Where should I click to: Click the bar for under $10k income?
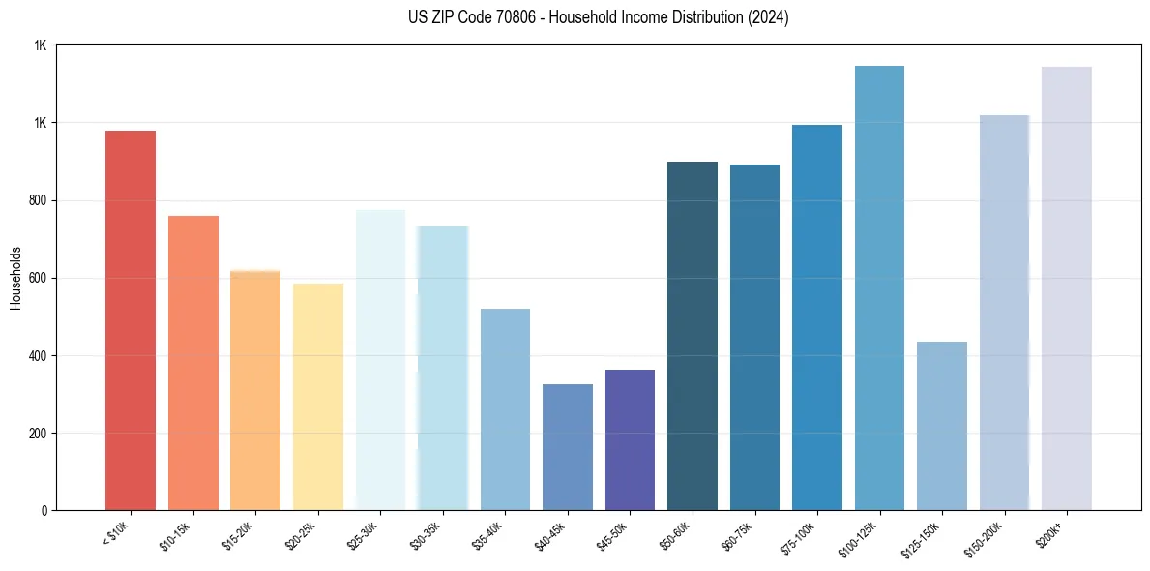[131, 320]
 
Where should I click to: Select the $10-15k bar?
[193, 363]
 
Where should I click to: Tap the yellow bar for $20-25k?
[318, 397]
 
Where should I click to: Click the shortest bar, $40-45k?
[568, 447]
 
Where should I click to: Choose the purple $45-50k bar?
[630, 439]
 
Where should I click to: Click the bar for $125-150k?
[942, 426]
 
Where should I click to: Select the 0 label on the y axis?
[44, 510]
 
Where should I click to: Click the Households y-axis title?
[15, 278]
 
